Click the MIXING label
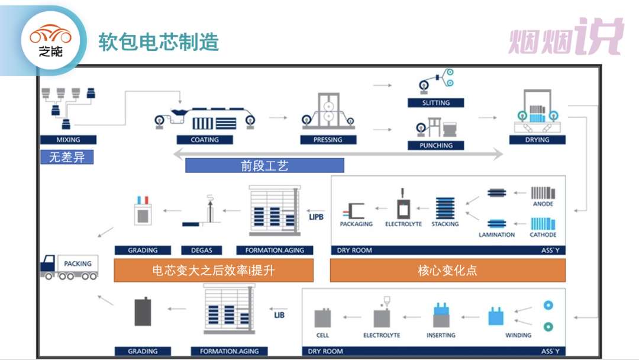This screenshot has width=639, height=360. coord(68,139)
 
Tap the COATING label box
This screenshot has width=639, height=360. coord(205,139)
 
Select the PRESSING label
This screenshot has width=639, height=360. coord(328,139)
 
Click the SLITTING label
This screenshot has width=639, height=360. coord(435,103)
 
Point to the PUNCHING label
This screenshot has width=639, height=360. coord(435,145)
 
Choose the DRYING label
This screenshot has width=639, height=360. coord(537,139)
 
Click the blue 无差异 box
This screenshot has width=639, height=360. coord(67,157)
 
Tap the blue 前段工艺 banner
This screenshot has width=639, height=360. coord(264,166)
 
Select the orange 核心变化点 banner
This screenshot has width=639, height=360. coord(447,271)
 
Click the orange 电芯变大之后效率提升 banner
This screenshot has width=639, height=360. coord(214,271)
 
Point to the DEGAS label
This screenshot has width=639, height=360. coord(202,250)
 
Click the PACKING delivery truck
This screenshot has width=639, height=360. coord(69,267)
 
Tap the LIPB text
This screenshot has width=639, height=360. coord(316,217)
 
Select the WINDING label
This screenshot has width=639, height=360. coord(518,335)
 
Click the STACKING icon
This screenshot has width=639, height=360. coord(445,208)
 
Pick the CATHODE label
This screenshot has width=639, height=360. coord(543,235)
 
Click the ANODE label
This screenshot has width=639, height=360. coord(543,204)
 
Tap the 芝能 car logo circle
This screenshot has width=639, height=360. coord(50,41)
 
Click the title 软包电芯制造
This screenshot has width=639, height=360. coord(159,42)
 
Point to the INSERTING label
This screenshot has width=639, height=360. coord(441,335)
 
